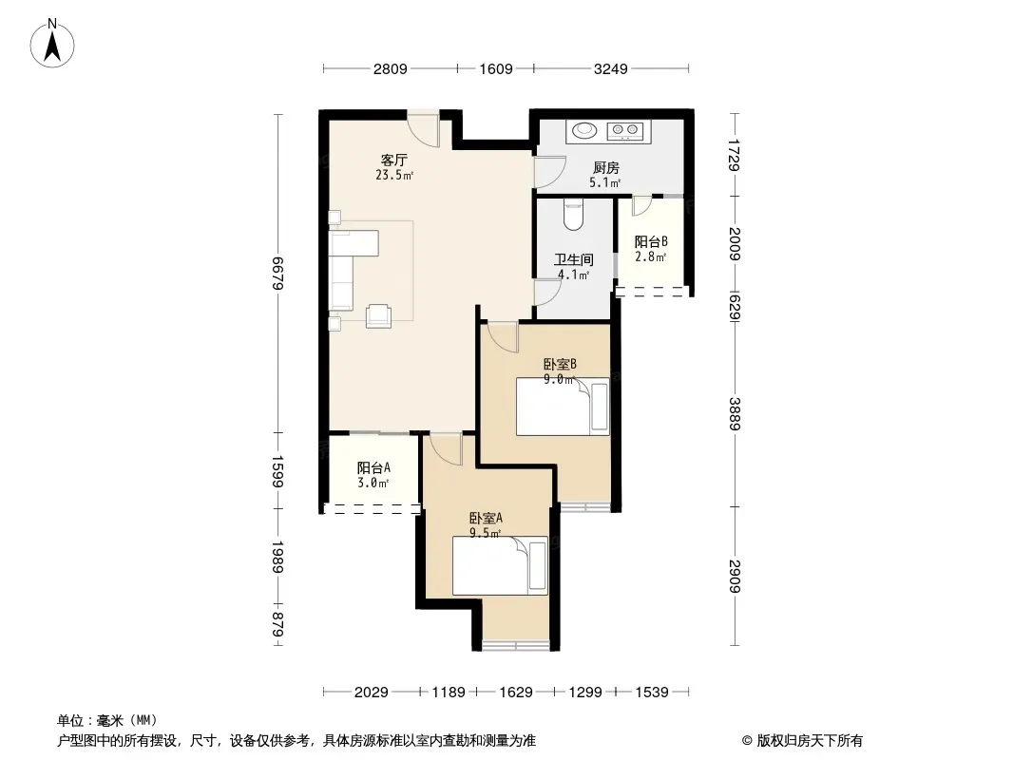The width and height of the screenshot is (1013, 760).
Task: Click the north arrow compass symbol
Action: click(x=52, y=44)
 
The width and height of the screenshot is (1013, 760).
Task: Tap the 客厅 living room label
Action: click(x=394, y=161)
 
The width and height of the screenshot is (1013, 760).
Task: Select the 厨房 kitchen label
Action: click(x=606, y=168)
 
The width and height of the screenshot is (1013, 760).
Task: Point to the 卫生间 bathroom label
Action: click(x=574, y=259)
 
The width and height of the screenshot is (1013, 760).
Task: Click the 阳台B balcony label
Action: click(x=651, y=242)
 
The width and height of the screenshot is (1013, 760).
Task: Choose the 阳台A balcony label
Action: click(x=373, y=467)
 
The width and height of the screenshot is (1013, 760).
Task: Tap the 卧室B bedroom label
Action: click(x=560, y=364)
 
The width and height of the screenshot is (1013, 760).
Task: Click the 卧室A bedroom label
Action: click(x=486, y=518)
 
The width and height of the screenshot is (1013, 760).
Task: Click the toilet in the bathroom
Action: click(x=574, y=215)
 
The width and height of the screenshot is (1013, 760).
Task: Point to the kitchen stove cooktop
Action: click(x=625, y=131)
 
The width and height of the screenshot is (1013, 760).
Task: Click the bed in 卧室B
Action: click(x=563, y=407)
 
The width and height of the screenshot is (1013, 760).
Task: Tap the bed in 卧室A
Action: click(x=500, y=565)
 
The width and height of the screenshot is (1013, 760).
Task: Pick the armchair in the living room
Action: click(x=378, y=315)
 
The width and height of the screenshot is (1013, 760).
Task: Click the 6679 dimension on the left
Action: click(x=277, y=274)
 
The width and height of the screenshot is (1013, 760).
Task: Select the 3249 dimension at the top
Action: click(x=610, y=68)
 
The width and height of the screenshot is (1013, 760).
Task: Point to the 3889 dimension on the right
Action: click(x=735, y=413)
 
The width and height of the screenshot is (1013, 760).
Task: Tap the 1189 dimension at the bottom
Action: click(x=449, y=693)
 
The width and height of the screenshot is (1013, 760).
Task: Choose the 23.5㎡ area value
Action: click(x=394, y=175)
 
